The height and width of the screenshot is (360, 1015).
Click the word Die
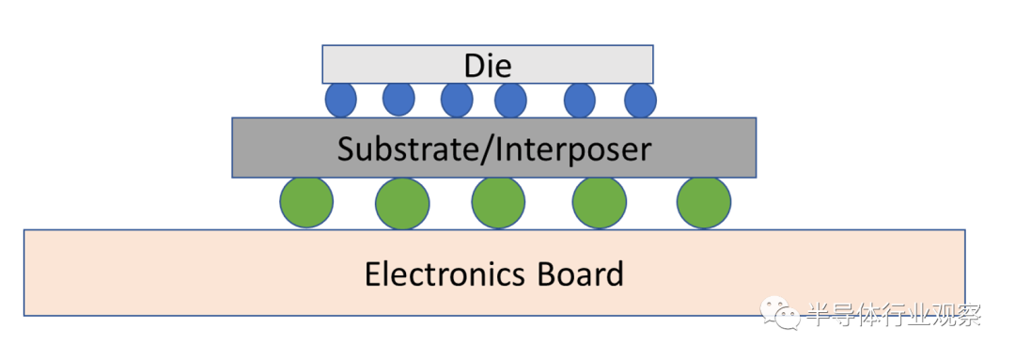488,66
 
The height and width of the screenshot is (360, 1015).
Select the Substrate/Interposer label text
494,149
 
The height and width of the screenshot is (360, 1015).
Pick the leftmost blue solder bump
340,101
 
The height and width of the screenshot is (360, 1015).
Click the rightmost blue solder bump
640,101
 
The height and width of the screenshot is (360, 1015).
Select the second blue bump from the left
398,100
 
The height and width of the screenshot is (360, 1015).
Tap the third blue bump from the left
457,101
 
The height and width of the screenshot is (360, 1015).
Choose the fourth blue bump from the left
510,101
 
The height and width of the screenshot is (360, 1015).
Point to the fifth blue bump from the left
580,101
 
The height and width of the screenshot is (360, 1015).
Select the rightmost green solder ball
704,202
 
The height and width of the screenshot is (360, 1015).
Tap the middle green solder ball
498,202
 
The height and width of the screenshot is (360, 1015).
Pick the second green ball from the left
402,203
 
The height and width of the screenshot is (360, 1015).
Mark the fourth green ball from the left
600,202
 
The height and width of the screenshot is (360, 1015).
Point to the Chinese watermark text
895,315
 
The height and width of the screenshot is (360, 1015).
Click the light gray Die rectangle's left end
323,65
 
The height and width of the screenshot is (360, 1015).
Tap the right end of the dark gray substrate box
756,148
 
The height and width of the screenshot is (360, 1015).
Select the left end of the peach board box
24,273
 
